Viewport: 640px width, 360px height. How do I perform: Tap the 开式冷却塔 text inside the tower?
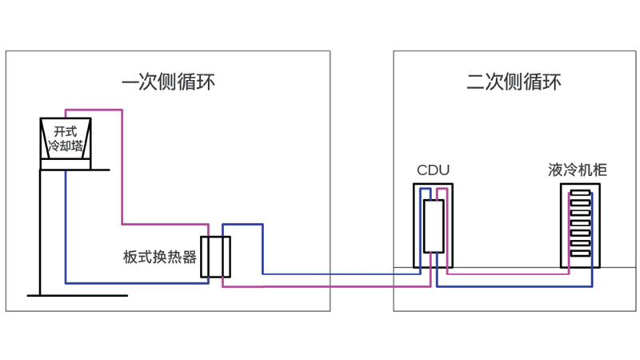point(66,138)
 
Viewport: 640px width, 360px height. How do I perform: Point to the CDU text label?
point(434,170)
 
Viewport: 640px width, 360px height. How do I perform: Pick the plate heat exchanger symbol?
point(215,257)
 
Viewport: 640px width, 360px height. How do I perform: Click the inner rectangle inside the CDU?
point(433,226)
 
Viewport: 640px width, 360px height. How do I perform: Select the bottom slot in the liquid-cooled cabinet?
point(580,252)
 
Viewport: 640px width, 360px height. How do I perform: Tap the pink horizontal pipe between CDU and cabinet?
point(504,274)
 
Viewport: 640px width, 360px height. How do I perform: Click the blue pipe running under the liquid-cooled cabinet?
point(520,286)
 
